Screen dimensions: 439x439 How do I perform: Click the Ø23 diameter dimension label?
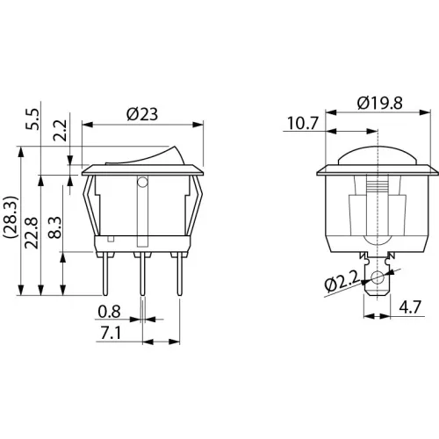tap(142, 114)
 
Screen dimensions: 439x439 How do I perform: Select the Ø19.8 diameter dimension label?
tap(380, 103)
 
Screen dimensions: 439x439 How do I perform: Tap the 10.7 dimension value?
tap(302, 123)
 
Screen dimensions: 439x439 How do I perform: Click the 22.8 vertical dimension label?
tap(32, 233)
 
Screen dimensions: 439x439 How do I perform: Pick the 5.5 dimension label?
tap(32, 119)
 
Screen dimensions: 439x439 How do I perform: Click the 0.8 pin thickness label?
tap(109, 312)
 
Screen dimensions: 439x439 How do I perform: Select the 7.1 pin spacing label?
tap(111, 333)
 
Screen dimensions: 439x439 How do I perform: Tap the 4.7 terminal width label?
tap(410, 307)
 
